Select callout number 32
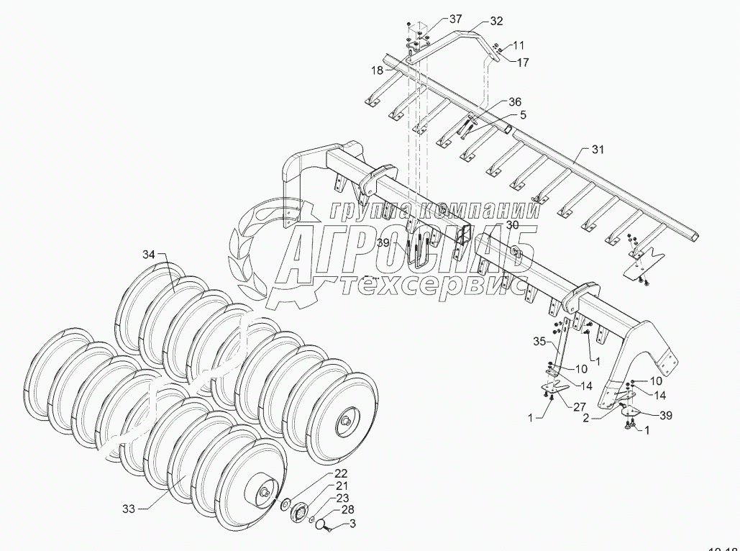click(495, 22)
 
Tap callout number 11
click(519, 45)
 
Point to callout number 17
click(522, 63)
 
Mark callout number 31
click(598, 150)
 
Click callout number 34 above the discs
click(148, 255)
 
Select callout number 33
click(128, 509)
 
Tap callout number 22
click(340, 474)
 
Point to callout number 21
click(340, 487)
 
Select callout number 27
click(579, 406)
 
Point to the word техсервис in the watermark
click(431, 286)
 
